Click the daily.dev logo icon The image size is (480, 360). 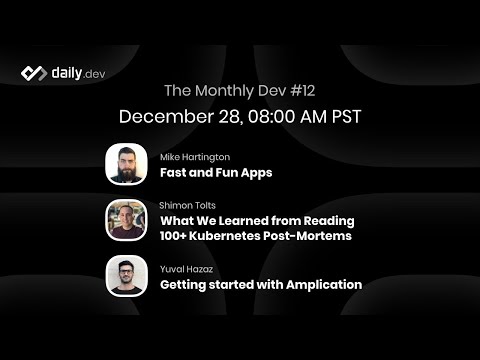[34, 73]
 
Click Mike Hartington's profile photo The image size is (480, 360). [126, 165]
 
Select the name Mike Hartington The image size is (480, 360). [195, 157]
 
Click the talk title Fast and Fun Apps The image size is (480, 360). [216, 172]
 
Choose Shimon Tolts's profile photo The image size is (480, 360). [126, 220]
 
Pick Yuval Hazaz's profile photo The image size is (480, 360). [126, 276]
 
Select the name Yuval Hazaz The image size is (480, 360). [187, 269]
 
